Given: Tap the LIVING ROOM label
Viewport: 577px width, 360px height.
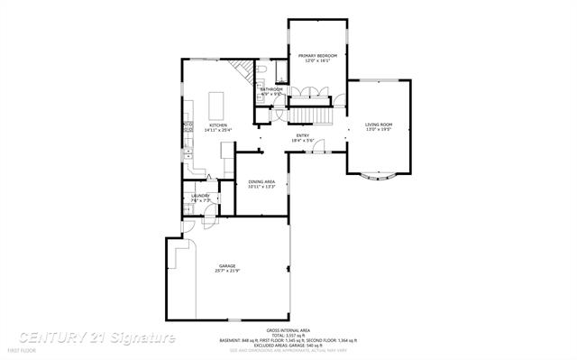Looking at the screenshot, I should click(379, 125).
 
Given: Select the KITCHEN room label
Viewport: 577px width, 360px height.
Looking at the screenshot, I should click(218, 125).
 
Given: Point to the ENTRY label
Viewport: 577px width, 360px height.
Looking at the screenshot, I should click(302, 135).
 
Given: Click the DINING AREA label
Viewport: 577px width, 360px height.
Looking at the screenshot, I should click(261, 181).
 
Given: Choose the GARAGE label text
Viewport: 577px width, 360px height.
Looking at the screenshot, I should click(226, 265).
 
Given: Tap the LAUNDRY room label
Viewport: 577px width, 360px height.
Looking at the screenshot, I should click(200, 195).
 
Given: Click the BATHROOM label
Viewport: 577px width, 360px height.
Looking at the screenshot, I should click(271, 89).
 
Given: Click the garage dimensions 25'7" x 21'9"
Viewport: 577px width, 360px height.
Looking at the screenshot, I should click(226, 271).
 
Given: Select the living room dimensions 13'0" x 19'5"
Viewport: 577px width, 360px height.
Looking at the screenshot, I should click(379, 130).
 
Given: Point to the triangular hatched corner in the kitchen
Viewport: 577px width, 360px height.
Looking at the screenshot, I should click(239, 70).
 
